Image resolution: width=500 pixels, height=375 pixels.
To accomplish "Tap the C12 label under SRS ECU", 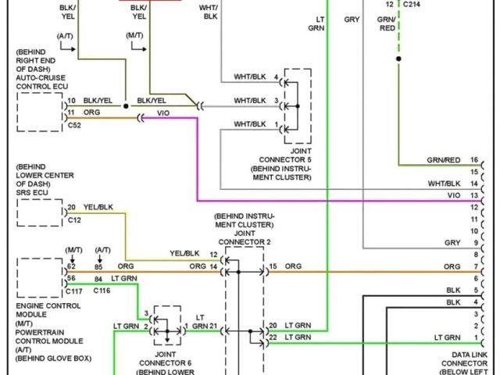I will click(74, 221).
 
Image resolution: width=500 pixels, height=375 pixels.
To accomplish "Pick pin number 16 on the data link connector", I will click(473, 159).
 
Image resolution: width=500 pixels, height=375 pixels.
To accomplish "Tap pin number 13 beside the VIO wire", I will click(473, 195).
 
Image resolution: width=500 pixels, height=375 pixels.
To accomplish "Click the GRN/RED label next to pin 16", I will click(443, 159).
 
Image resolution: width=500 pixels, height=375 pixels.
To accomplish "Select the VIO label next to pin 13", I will click(454, 195).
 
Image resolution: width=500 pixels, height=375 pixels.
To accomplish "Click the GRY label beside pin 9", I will click(452, 242).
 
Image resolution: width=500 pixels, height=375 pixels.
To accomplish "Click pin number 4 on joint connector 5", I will click(276, 77).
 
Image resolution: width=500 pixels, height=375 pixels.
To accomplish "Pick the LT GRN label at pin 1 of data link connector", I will click(447, 337).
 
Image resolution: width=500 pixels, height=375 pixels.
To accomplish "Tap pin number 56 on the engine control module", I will click(71, 279).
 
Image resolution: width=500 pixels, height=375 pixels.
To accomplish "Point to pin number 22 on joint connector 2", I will click(272, 337).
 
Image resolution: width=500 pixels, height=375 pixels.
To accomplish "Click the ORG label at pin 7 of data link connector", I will click(452, 266).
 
